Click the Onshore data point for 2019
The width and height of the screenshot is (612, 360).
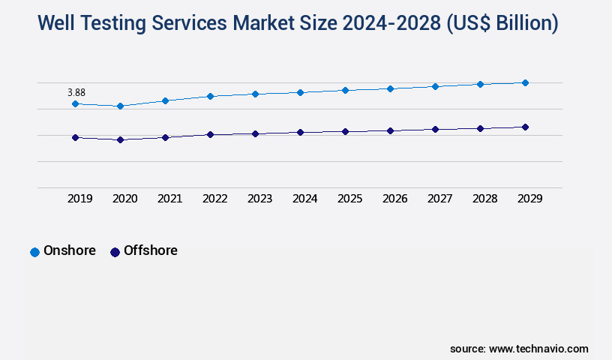click(x=75, y=103)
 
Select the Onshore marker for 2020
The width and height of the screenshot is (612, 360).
click(x=120, y=106)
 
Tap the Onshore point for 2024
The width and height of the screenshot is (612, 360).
click(x=300, y=92)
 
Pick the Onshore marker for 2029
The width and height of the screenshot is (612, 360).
click(x=525, y=82)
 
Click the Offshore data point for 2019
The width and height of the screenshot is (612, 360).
click(x=75, y=137)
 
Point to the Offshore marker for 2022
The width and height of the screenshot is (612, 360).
click(x=210, y=134)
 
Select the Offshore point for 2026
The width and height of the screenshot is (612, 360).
click(x=390, y=130)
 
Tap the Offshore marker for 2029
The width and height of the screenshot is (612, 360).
click(x=525, y=127)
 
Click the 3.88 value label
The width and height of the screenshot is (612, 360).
click(x=76, y=92)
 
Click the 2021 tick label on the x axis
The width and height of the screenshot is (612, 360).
click(x=170, y=199)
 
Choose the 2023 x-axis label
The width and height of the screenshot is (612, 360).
click(x=260, y=199)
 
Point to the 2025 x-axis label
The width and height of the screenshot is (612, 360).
click(x=350, y=199)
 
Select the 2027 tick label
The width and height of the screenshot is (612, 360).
click(x=440, y=199)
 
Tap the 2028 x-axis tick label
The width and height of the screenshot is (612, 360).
click(x=485, y=199)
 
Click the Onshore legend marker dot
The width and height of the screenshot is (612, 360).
click(x=34, y=252)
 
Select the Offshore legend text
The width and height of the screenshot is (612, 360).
click(x=151, y=250)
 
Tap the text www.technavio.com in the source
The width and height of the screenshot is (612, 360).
click(x=538, y=349)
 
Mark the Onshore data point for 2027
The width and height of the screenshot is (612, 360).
click(x=435, y=86)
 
